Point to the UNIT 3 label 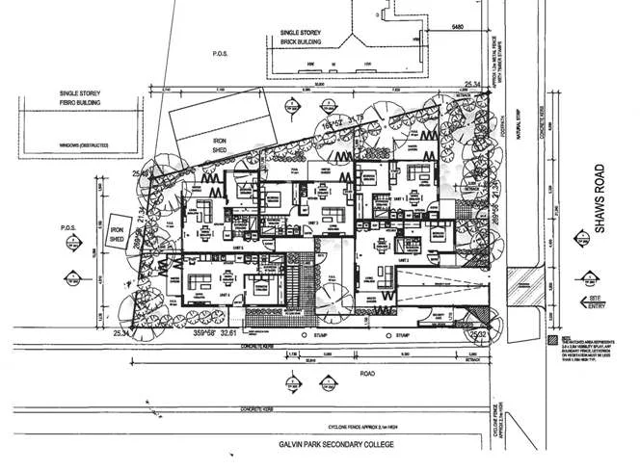tap(311, 223)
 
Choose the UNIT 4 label tap(227, 293)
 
